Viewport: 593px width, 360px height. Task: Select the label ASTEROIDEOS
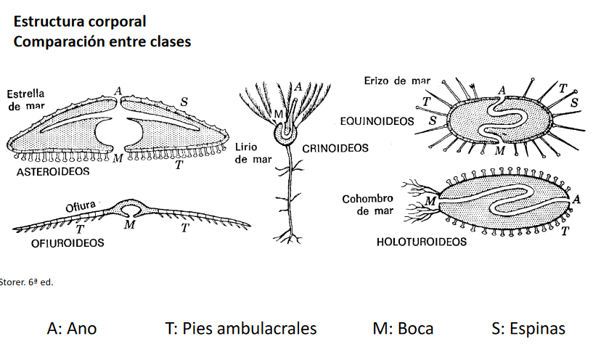click(x=53, y=172)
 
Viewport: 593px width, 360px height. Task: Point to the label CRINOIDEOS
click(x=335, y=148)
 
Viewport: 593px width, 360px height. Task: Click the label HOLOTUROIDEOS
click(x=422, y=242)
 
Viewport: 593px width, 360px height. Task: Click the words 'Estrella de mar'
click(x=25, y=100)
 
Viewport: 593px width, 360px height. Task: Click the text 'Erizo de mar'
click(x=397, y=81)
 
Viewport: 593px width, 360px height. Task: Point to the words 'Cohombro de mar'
click(x=367, y=205)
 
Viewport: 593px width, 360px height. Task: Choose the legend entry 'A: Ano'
click(x=72, y=328)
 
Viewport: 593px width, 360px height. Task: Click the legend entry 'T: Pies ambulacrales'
click(x=241, y=328)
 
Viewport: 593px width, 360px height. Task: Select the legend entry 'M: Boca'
click(x=403, y=328)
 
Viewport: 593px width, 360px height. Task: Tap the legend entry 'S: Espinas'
click(x=528, y=328)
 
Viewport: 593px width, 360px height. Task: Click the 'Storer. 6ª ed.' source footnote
click(x=27, y=281)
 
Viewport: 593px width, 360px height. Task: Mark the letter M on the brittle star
click(x=130, y=226)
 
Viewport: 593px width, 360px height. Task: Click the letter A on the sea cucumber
click(x=576, y=199)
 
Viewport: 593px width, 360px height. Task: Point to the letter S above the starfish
click(x=184, y=102)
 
